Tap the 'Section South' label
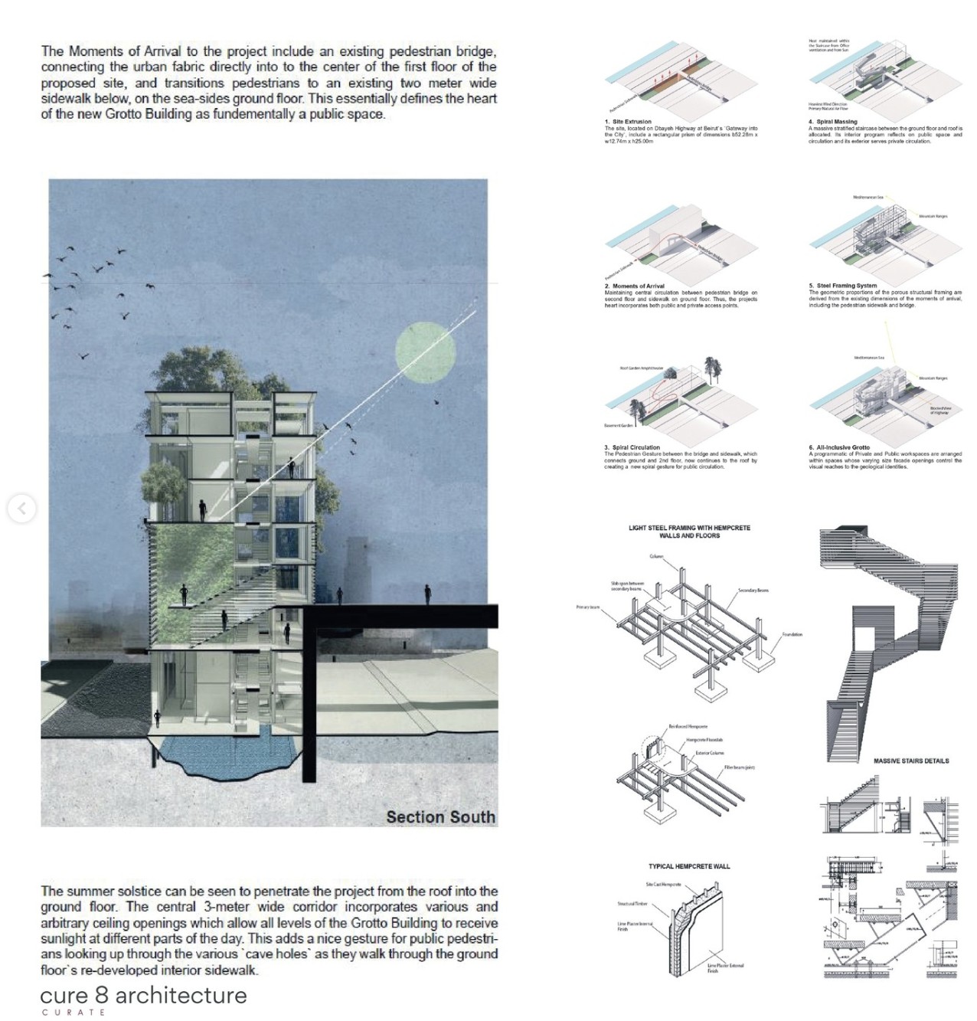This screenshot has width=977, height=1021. (440, 817)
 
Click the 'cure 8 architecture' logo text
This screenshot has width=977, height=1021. (143, 995)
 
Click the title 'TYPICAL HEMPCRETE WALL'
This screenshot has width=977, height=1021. (689, 866)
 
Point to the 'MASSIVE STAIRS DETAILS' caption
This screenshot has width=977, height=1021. (910, 761)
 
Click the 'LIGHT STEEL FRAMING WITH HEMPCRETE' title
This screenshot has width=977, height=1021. (689, 528)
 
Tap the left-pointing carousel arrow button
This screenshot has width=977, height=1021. (21, 509)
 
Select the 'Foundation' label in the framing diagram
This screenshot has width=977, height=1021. (792, 635)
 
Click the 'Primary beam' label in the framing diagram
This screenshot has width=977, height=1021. (588, 607)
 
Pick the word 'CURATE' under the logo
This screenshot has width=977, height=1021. (74, 1013)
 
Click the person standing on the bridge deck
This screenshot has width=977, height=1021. (428, 594)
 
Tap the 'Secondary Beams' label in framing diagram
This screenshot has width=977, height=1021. (753, 591)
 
